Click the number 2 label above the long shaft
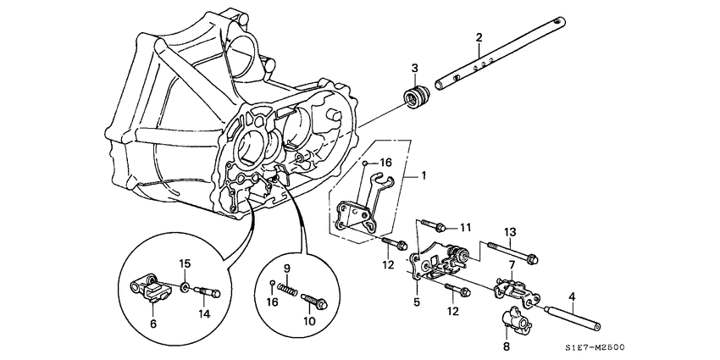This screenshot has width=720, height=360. [x=479, y=37]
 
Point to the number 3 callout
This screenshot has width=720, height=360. [x=415, y=68]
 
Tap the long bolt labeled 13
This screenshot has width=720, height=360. [x=512, y=252]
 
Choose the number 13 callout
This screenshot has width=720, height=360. [x=510, y=232]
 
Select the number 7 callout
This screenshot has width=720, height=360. [x=512, y=264]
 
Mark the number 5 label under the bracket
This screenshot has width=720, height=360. [x=416, y=301]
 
